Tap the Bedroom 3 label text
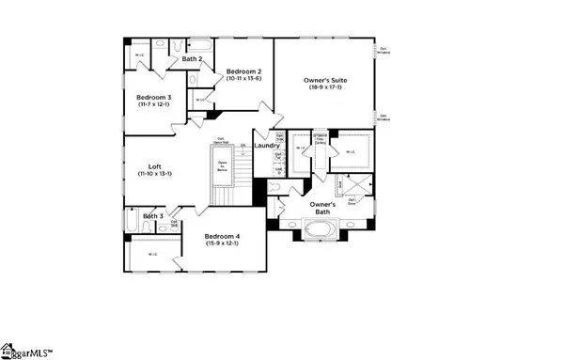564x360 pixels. tap(153, 97)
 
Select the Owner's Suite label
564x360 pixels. tap(326, 82)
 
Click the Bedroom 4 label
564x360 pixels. tap(224, 234)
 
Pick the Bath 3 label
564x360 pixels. tap(153, 215)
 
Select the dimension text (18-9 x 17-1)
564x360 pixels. tap(326, 91)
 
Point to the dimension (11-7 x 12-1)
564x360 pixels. tap(153, 105)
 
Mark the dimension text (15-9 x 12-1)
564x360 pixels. tap(224, 243)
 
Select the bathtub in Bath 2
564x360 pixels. tap(200, 43)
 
